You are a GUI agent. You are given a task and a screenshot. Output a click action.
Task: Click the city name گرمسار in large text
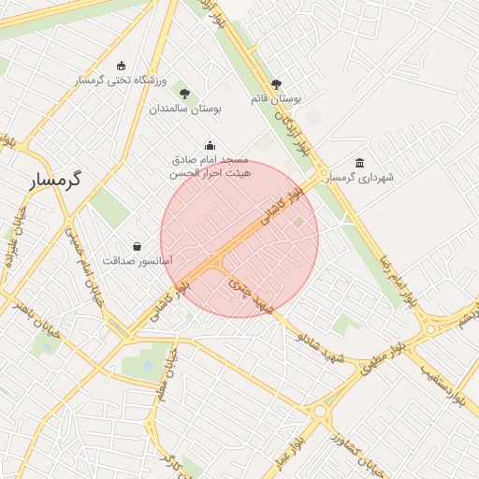54,179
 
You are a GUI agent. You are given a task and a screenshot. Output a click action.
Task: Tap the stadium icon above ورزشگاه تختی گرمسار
121,65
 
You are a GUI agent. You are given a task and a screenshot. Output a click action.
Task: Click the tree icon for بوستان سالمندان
184,94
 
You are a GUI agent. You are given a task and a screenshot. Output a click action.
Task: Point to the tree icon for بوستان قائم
276,84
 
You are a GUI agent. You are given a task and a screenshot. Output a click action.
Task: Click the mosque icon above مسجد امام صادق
210,145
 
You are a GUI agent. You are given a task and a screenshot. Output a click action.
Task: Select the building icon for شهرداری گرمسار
360,163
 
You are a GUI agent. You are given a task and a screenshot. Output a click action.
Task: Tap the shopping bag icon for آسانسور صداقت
138,246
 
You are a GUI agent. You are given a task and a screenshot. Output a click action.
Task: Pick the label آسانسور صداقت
138,261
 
